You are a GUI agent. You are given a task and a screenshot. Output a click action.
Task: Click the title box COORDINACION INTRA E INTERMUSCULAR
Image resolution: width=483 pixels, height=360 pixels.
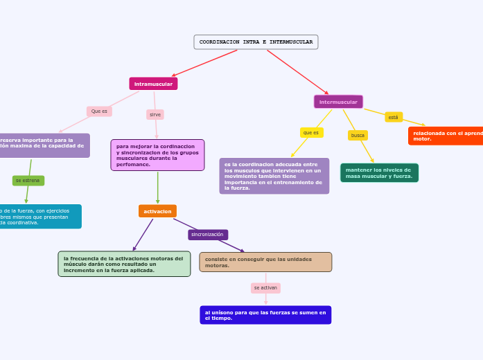click(256, 42)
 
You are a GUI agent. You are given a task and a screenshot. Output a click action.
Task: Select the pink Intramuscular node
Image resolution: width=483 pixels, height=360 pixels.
click(153, 84)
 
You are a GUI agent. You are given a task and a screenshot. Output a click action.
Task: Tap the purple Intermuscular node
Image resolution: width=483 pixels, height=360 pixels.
click(338, 102)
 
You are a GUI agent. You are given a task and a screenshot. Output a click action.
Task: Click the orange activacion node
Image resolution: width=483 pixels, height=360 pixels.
click(157, 211)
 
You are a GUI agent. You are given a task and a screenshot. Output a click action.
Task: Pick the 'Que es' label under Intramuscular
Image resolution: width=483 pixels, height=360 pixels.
click(99, 111)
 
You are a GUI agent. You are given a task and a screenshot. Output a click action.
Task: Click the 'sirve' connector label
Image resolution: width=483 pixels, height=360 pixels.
click(155, 114)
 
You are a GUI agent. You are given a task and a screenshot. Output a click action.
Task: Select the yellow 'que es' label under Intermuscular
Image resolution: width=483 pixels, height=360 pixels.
click(311, 132)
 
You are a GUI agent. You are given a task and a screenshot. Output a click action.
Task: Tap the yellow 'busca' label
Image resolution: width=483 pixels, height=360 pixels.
click(358, 135)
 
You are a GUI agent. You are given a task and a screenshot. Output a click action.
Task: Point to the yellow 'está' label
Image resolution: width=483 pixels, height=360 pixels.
click(393, 117)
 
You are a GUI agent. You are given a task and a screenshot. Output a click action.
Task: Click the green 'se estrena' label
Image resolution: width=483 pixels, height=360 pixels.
click(28, 181)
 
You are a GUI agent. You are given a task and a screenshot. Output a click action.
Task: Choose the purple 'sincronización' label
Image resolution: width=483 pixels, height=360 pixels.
click(207, 235)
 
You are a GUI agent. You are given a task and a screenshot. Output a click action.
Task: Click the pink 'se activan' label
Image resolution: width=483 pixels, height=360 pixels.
click(265, 287)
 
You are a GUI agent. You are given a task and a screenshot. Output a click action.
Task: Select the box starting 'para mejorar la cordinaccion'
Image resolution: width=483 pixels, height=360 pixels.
click(157, 155)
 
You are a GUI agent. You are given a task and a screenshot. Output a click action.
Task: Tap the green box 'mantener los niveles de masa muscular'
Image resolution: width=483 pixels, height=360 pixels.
click(379, 173)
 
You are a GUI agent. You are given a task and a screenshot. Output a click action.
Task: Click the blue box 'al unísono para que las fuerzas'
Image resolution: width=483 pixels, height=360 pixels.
click(265, 315)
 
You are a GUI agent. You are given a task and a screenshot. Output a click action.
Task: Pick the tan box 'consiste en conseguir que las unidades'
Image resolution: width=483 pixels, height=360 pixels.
click(265, 262)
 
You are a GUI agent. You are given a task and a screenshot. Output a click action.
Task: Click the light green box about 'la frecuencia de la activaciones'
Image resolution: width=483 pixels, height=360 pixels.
click(124, 264)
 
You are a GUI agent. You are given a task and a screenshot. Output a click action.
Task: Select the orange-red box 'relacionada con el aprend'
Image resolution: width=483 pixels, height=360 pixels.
click(446, 136)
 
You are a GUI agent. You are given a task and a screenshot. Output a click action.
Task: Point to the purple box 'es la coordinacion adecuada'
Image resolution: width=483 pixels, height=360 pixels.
click(274, 176)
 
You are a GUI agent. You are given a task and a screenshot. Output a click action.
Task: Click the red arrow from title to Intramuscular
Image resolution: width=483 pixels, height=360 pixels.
click(204, 63)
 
